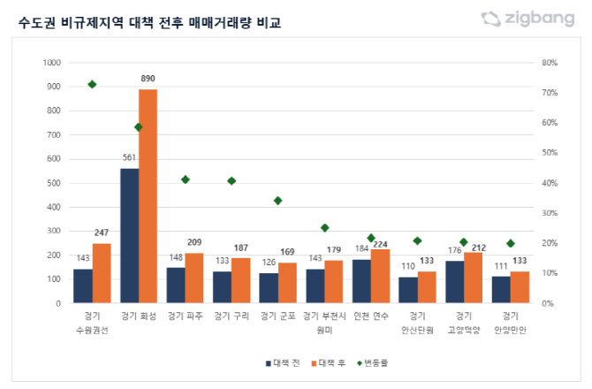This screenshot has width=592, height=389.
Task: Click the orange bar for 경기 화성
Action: pos(148,196)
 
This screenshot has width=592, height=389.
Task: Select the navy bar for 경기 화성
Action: pos(129,236)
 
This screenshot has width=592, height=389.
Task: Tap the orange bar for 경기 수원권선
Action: pos(102,273)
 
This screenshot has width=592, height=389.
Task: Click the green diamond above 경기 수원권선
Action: pos(92,85)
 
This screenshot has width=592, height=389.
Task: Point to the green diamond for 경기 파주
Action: pos(186,179)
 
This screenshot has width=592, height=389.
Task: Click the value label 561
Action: pos(129,159)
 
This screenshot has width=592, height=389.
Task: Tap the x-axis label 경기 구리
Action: pos(231,317)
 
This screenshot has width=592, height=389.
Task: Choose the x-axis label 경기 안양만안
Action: pos(512,323)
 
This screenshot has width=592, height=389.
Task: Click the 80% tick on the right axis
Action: pos(549,63)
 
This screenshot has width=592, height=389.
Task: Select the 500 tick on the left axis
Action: pos(55,183)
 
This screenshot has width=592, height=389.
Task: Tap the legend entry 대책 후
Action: pos(330,362)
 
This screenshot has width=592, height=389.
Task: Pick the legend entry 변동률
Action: pos(375,362)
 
